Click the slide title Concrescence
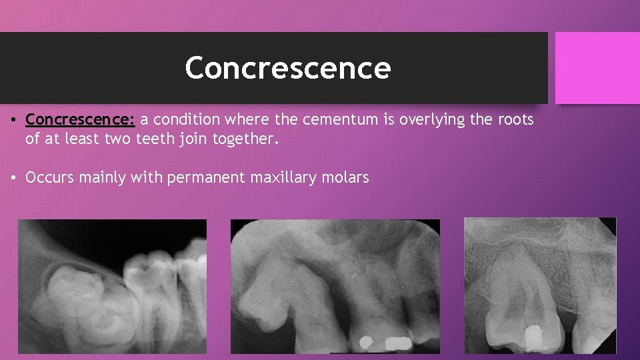[287, 68]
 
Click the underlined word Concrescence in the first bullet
[80, 121]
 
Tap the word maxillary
[277, 177]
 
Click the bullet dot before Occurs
[13, 177]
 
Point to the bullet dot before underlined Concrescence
[13, 121]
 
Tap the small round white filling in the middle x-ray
[365, 343]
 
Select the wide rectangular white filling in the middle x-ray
[398, 343]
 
